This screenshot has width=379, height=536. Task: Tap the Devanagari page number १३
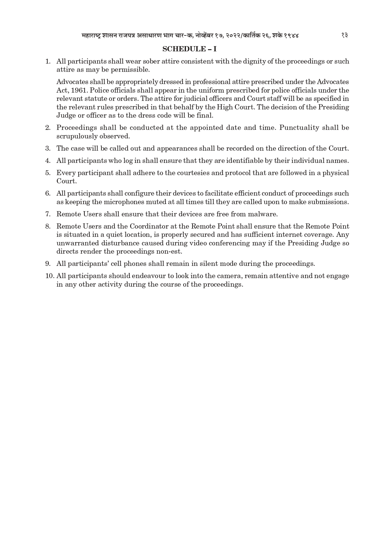344,35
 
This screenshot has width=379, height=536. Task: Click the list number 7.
48,214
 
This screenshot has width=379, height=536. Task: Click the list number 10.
50,276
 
